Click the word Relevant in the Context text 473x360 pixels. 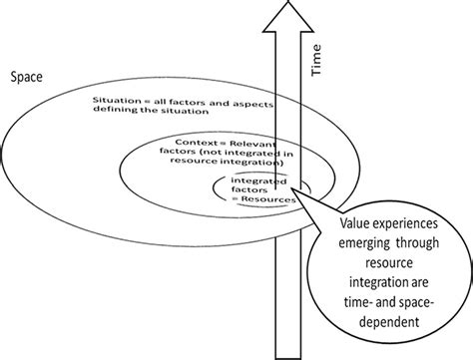click(246, 144)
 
